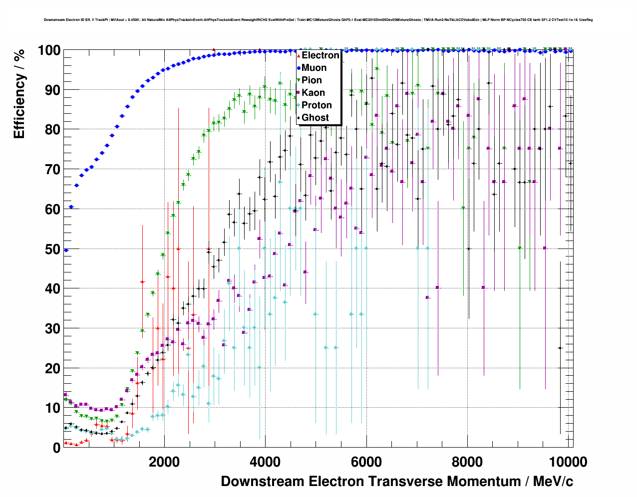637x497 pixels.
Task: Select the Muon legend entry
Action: click(x=314, y=68)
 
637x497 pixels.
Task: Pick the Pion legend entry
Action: click(x=312, y=80)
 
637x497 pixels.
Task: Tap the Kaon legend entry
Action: click(x=313, y=93)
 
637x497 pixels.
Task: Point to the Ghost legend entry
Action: click(x=315, y=118)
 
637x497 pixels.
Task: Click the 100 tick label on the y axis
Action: click(x=49, y=50)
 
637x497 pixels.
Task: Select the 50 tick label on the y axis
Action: click(x=52, y=249)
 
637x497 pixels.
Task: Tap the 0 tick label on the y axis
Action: click(x=56, y=448)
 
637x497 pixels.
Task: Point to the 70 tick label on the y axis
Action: click(x=52, y=170)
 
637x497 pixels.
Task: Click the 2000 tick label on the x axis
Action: click(x=164, y=462)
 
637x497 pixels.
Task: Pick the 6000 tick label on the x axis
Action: click(x=366, y=462)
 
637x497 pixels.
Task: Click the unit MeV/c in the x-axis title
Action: click(x=553, y=482)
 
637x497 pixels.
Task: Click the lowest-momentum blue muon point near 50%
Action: click(x=66, y=250)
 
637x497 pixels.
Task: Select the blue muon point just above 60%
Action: click(x=71, y=207)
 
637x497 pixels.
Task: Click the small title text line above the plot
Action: click(x=318, y=20)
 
